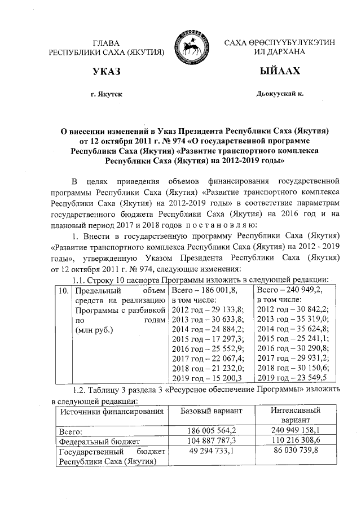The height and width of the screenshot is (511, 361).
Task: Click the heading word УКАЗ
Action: coord(107,72)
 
